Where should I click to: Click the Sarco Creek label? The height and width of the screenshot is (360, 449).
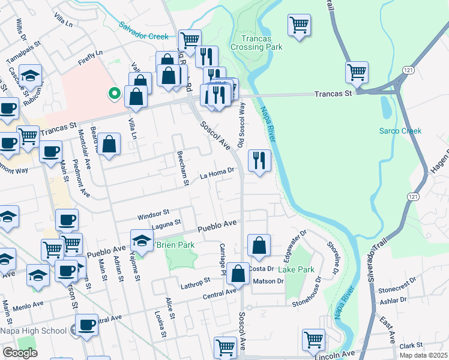(x=400, y=131)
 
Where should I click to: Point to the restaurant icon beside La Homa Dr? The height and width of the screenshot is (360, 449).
(x=259, y=160)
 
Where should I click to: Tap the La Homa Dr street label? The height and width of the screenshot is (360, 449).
(x=217, y=173)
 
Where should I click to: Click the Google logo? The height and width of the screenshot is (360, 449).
(x=19, y=353)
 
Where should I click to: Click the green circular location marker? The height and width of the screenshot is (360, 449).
(x=112, y=93)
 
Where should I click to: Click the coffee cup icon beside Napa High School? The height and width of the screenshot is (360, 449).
(x=87, y=325)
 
